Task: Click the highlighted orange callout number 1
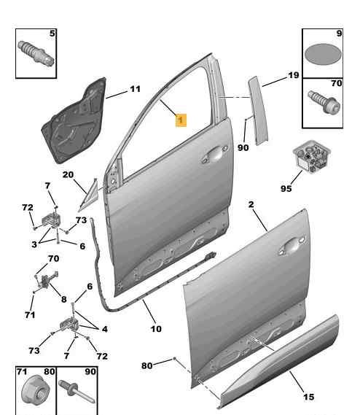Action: click(181, 120)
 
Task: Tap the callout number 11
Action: click(135, 89)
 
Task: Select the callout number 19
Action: click(294, 75)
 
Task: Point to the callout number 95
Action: click(286, 188)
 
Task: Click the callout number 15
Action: click(308, 397)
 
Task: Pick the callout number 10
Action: click(156, 329)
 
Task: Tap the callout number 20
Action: click(68, 175)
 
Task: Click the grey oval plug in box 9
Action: click(323, 54)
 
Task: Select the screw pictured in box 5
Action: click(36, 53)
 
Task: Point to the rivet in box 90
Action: click(77, 392)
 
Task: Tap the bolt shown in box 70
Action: click(324, 102)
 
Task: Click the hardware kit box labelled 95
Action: click(312, 156)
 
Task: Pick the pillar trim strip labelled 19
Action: click(258, 111)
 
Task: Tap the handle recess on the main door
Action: click(215, 154)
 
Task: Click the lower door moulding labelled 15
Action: click(279, 361)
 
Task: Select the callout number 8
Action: click(63, 299)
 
